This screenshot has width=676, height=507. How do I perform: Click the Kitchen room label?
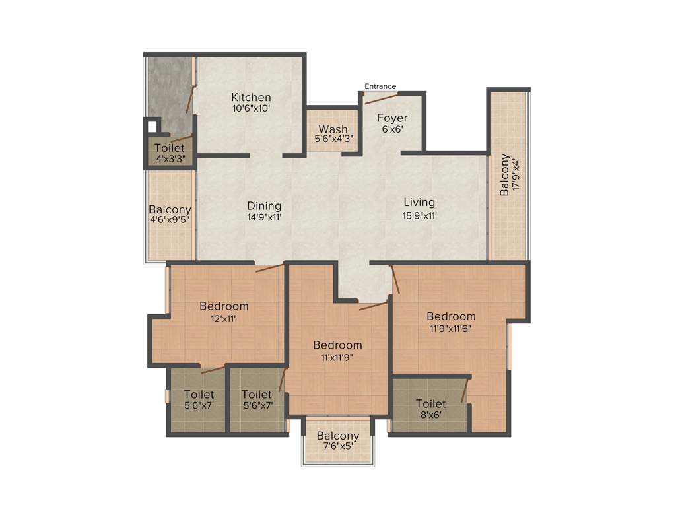click(x=251, y=98)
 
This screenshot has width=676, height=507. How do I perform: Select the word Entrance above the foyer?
click(x=380, y=86)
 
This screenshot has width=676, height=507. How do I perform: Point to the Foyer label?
click(x=392, y=118)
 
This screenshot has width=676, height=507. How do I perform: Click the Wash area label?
click(x=333, y=129)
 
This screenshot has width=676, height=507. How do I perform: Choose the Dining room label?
click(x=264, y=205)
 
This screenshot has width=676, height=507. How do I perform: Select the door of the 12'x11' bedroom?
click(x=269, y=267)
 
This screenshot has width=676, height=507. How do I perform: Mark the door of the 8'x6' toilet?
click(x=465, y=389)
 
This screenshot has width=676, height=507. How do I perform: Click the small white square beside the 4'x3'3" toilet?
click(x=152, y=125)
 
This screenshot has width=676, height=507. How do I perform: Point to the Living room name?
click(x=419, y=202)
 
